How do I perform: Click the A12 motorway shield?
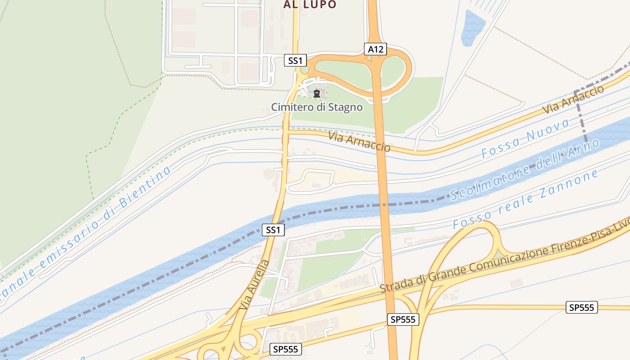(375, 49)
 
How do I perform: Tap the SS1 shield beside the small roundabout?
(295, 60)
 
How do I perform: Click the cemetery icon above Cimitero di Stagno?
(317, 94)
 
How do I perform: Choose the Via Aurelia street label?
(255, 284)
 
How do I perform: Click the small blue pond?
(472, 28)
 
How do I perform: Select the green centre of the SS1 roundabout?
(305, 70)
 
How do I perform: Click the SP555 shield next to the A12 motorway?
(403, 319)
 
